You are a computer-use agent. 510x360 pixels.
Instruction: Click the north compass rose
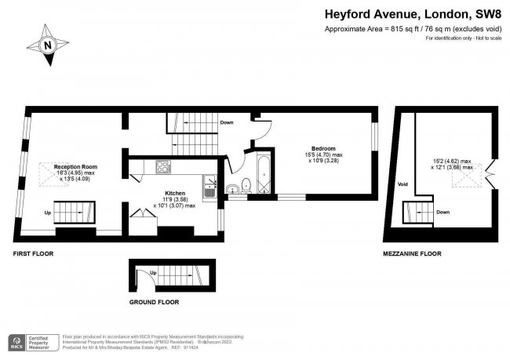(x=48, y=45)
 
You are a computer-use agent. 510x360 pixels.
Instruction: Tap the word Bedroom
(x=322, y=149)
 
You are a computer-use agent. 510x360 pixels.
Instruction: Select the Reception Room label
(x=75, y=167)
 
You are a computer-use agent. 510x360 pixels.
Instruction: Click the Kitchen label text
(x=174, y=192)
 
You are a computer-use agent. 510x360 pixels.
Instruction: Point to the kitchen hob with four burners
(x=164, y=166)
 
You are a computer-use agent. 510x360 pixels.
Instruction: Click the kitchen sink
(x=210, y=187)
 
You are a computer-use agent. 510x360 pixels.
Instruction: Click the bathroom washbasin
(x=232, y=189)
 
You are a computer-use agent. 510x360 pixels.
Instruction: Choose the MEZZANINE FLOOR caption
(x=412, y=254)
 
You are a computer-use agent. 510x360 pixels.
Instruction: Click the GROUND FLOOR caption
(x=154, y=302)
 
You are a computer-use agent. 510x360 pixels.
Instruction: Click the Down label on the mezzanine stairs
(x=443, y=212)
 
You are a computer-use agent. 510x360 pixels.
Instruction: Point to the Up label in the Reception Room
(x=47, y=212)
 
